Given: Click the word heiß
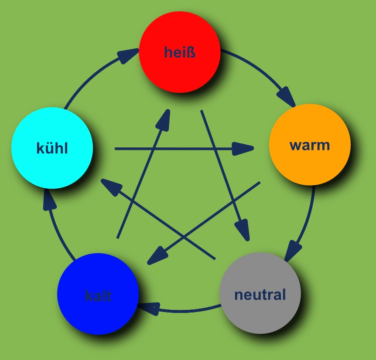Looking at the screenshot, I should [180, 52].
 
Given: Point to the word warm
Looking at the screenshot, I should [310, 145].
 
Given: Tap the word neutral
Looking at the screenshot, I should [260, 295].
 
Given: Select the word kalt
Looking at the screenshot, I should [98, 296].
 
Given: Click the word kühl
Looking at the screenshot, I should [52, 148].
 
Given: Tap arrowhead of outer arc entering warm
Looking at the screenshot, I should [287, 96].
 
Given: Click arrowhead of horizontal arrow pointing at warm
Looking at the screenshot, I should [243, 149].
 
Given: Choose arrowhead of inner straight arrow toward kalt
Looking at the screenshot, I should [157, 257].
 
